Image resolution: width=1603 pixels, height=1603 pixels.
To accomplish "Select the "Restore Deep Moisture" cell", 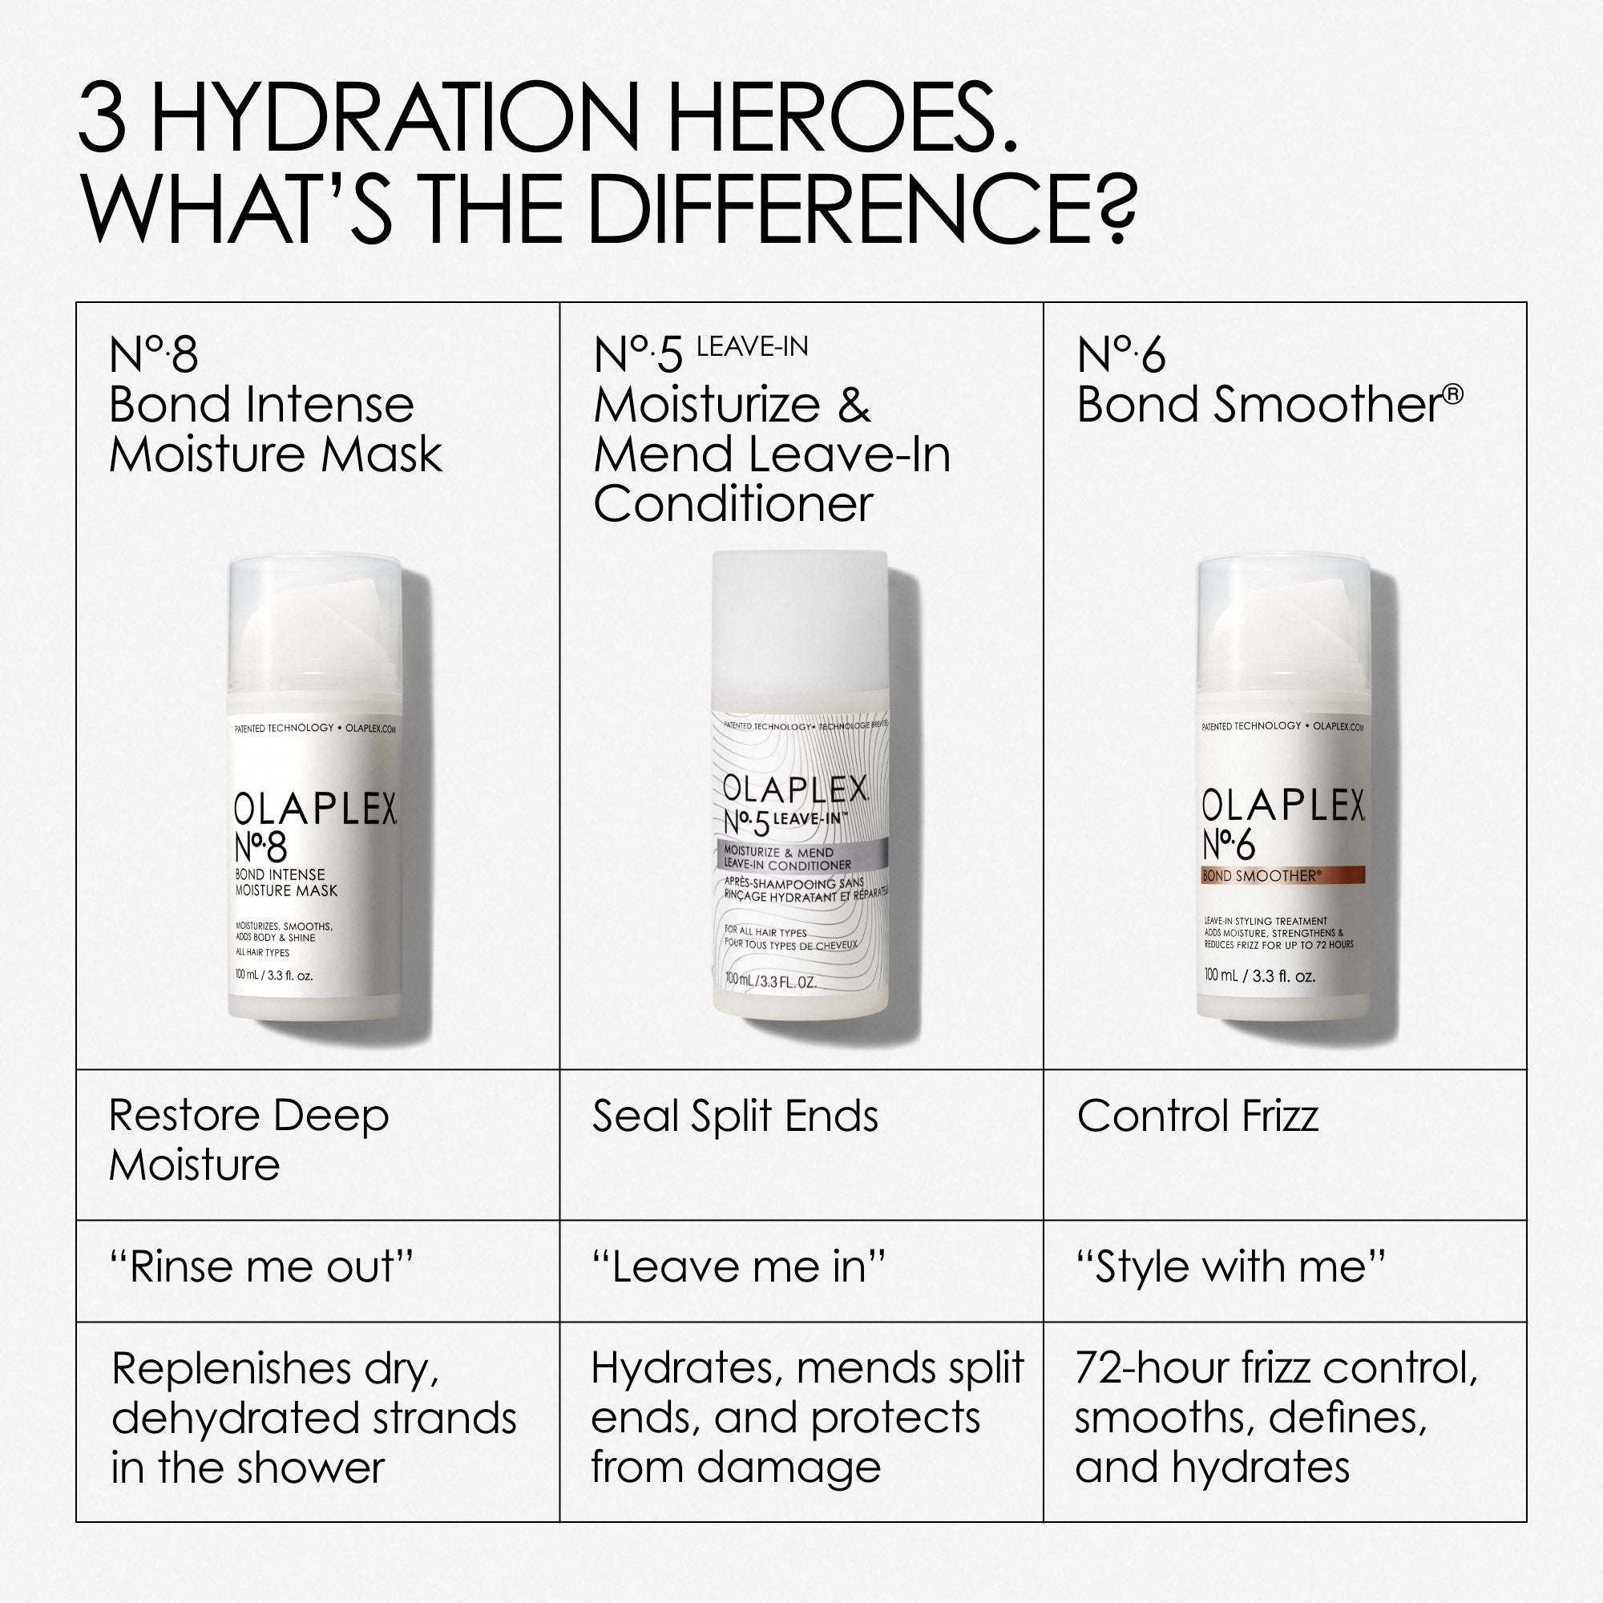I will (x=248, y=1140).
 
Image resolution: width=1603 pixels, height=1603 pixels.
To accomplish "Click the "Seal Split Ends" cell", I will (x=734, y=1116).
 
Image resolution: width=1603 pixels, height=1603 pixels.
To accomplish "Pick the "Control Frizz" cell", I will (x=1197, y=1116).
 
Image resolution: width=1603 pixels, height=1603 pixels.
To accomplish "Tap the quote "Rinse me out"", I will (x=260, y=1268).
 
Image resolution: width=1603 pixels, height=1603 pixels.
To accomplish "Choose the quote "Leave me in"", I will (x=738, y=1268).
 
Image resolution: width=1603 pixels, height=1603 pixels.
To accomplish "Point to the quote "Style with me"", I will (x=1230, y=1268).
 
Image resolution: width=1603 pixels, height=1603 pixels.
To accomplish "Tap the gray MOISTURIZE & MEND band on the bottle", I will (x=801, y=858).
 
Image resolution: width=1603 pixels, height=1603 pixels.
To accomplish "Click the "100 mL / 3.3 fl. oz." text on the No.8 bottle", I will (x=274, y=975).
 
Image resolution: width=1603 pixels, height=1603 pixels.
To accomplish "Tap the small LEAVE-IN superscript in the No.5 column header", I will (x=752, y=347).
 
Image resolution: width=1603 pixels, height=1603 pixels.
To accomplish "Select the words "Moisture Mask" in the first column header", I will (x=276, y=454).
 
